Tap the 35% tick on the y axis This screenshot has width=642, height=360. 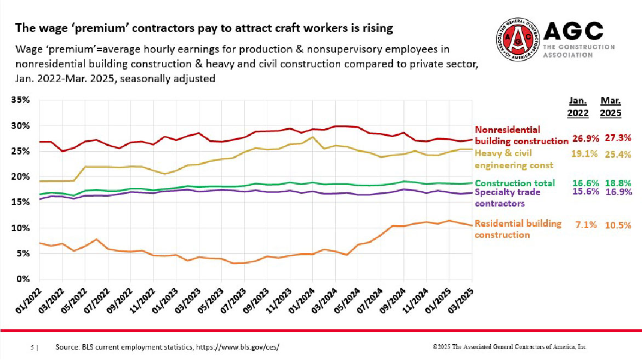click(21, 100)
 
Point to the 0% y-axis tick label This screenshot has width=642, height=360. click(24, 279)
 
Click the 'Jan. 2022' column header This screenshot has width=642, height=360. click(577, 107)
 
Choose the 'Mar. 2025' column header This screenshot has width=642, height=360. click(610, 107)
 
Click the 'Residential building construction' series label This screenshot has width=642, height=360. click(518, 229)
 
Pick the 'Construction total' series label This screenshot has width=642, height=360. click(514, 183)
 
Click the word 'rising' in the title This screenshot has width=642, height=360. click(378, 27)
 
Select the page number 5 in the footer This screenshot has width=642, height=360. click(32, 347)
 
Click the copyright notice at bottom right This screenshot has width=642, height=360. click(510, 347)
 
